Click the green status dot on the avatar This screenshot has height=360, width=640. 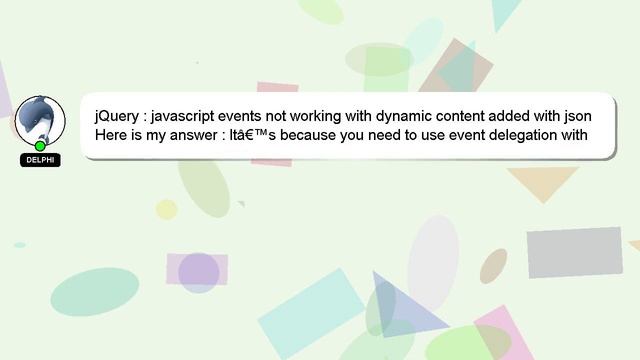coord(40,146)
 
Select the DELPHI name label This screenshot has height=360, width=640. coord(40,160)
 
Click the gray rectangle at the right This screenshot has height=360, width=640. coord(574,252)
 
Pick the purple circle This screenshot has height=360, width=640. coord(199,272)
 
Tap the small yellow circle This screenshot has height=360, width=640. coord(166,210)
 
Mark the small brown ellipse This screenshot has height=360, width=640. coord(493,266)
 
